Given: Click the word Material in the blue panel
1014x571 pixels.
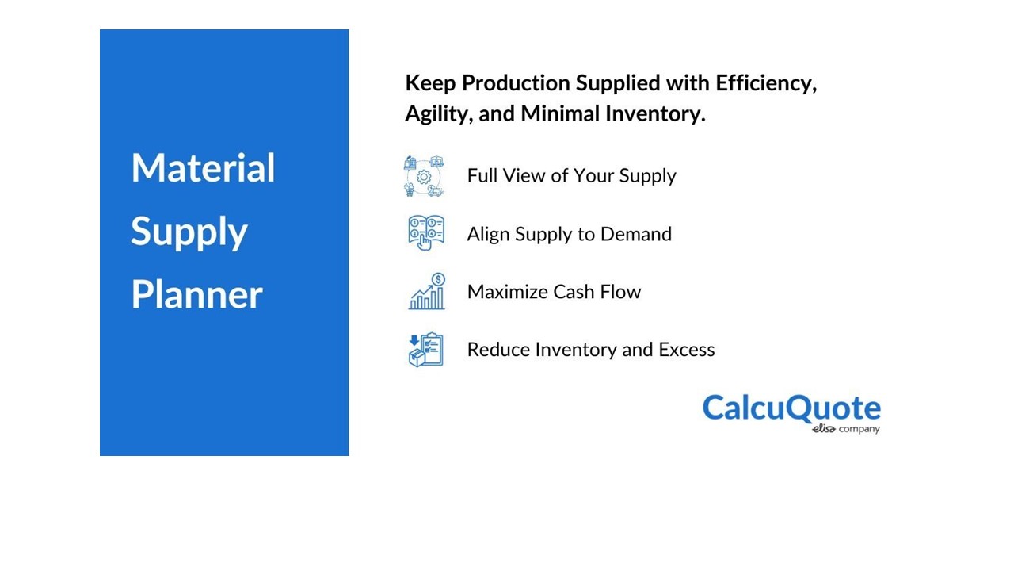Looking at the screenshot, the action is coord(203,167).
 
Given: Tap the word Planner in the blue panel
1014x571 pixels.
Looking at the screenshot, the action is coord(197,294).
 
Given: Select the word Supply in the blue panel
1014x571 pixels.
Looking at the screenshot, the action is coord(189,233).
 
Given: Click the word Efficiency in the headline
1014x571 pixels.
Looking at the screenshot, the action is coord(766,84).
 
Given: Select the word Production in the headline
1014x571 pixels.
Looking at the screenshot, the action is coord(516,83).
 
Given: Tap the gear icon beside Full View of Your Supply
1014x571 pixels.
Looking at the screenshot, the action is coord(424,176).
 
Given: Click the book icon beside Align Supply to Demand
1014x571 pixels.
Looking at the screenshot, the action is coord(426,233).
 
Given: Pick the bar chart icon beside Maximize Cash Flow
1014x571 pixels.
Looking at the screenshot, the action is coord(426,291).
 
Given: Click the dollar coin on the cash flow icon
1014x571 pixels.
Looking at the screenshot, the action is coord(438,279).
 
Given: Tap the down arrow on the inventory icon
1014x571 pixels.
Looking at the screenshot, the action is coord(414,340).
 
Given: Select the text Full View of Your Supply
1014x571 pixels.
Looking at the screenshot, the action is coord(571,176).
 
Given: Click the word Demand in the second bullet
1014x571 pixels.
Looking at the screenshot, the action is coord(636,234).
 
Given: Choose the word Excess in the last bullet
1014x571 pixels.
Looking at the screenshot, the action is coord(687,350).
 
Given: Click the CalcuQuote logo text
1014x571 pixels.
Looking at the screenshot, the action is coord(791,408).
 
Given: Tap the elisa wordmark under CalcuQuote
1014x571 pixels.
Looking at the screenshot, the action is coord(823,429).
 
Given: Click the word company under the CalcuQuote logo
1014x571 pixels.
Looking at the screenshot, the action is coord(860,429).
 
